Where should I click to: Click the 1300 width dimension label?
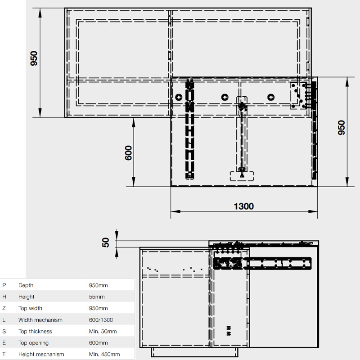(x=243, y=206)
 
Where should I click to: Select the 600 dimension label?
(x=128, y=153)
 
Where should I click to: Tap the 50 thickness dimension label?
(x=105, y=243)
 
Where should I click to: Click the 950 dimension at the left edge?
(x=34, y=58)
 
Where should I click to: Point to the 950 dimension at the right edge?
(x=342, y=128)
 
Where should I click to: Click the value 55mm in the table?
(x=97, y=297)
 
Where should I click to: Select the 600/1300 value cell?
(x=101, y=320)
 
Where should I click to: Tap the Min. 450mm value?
(x=104, y=354)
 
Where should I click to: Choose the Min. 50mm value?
(x=103, y=331)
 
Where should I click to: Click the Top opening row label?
(x=33, y=343)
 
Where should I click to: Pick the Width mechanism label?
(x=40, y=320)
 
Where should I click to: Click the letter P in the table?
(x=4, y=285)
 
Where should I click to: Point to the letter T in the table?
(x=4, y=354)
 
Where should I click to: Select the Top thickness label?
(x=35, y=331)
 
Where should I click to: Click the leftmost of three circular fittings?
(x=179, y=97)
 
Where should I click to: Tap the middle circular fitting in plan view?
(x=225, y=97)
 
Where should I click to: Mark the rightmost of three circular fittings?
(x=271, y=97)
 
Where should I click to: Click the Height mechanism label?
(x=41, y=354)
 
